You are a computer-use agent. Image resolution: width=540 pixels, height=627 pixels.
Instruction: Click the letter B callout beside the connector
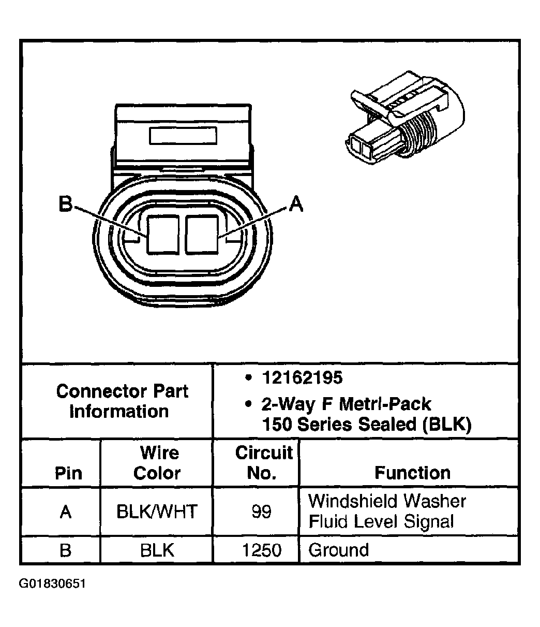click(65, 205)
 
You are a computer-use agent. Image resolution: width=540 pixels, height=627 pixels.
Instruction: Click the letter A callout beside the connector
click(296, 203)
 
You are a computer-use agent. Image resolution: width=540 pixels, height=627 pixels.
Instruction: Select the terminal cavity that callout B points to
click(163, 234)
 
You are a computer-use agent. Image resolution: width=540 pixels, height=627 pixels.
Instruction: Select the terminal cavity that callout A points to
click(202, 234)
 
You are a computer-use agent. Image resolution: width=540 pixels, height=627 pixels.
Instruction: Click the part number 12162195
click(302, 378)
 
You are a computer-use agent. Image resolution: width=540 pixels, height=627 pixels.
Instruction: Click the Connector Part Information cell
click(122, 401)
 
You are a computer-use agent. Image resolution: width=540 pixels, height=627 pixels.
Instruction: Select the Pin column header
click(68, 473)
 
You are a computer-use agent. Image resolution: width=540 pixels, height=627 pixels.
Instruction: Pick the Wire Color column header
click(157, 463)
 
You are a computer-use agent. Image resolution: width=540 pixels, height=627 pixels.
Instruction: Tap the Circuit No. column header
click(263, 463)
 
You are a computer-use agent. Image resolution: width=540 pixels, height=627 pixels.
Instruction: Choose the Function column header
click(412, 473)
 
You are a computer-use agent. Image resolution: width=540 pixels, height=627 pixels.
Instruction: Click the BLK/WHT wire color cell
click(157, 512)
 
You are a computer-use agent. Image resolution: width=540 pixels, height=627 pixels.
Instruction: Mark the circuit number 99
click(261, 512)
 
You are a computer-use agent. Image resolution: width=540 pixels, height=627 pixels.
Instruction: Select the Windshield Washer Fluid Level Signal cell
click(387, 511)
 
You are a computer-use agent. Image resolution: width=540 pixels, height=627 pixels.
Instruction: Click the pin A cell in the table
click(65, 512)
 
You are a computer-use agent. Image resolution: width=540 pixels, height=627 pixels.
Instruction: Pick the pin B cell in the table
click(65, 550)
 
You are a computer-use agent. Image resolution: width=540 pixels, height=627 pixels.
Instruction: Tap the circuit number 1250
click(262, 550)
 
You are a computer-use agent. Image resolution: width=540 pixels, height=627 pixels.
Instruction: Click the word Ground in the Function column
click(339, 550)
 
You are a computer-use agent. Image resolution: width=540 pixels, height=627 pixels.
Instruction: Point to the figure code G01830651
click(52, 584)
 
